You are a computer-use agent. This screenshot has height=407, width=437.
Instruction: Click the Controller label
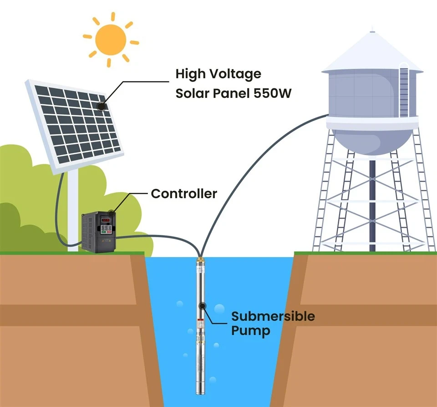pos(183,193)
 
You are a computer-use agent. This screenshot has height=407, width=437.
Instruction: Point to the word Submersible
pos(273,316)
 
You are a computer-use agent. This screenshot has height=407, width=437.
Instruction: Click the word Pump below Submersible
pos(250,331)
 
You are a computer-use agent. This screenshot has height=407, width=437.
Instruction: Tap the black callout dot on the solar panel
pos(101,106)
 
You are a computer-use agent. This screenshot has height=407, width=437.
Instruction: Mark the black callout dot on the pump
pos(202,306)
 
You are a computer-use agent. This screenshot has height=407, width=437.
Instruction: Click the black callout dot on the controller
pos(111,213)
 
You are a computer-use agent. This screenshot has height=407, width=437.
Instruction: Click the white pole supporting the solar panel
pos(73,209)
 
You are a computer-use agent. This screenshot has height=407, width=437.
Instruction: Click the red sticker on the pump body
pos(199,324)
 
